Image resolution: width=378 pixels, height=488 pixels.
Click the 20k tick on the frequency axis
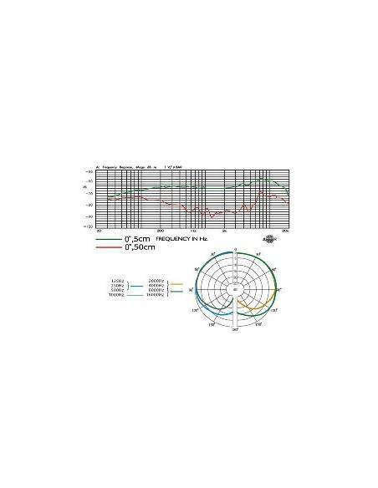[284, 230]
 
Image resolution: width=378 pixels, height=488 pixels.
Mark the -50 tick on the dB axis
[89, 171]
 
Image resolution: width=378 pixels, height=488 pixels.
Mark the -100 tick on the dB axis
[88, 226]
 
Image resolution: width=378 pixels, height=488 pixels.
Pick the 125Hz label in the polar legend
[118, 279]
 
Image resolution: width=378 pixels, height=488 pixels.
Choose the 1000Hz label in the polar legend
[116, 297]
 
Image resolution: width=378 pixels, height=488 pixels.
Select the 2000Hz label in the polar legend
[156, 279]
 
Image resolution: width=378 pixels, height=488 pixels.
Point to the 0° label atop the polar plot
[235, 250]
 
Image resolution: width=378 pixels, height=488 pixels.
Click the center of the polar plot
[235, 289]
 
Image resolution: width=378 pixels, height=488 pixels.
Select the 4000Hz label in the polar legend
[156, 285]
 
